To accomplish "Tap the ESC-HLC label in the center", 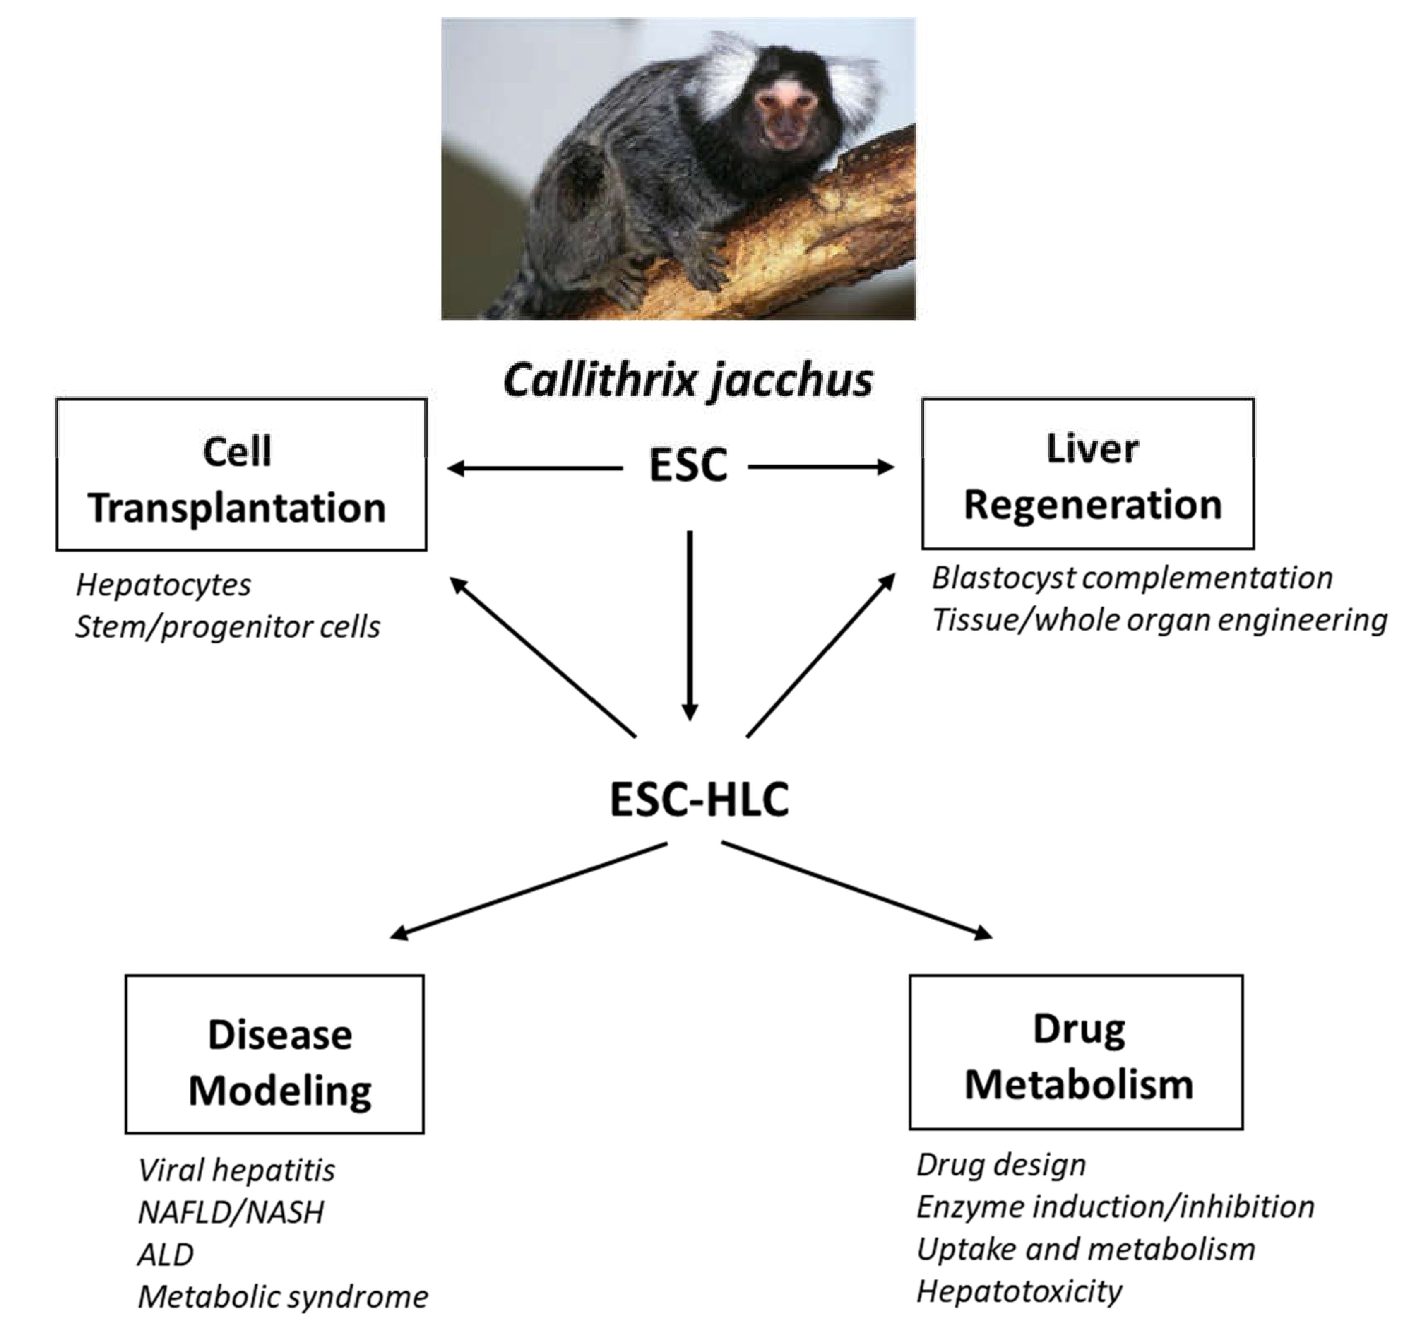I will coord(699,799).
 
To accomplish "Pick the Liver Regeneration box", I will coord(1087,474).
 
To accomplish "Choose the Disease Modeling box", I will coord(274,1054).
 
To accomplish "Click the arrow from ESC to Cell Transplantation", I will coord(534,469).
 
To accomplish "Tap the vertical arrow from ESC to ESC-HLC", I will coord(690,623).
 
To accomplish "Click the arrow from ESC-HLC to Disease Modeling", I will coord(530,890).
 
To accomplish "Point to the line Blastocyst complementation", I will coord(1132,578).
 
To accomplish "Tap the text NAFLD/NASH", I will coord(231,1213).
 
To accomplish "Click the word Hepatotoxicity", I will coord(1019,1291).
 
